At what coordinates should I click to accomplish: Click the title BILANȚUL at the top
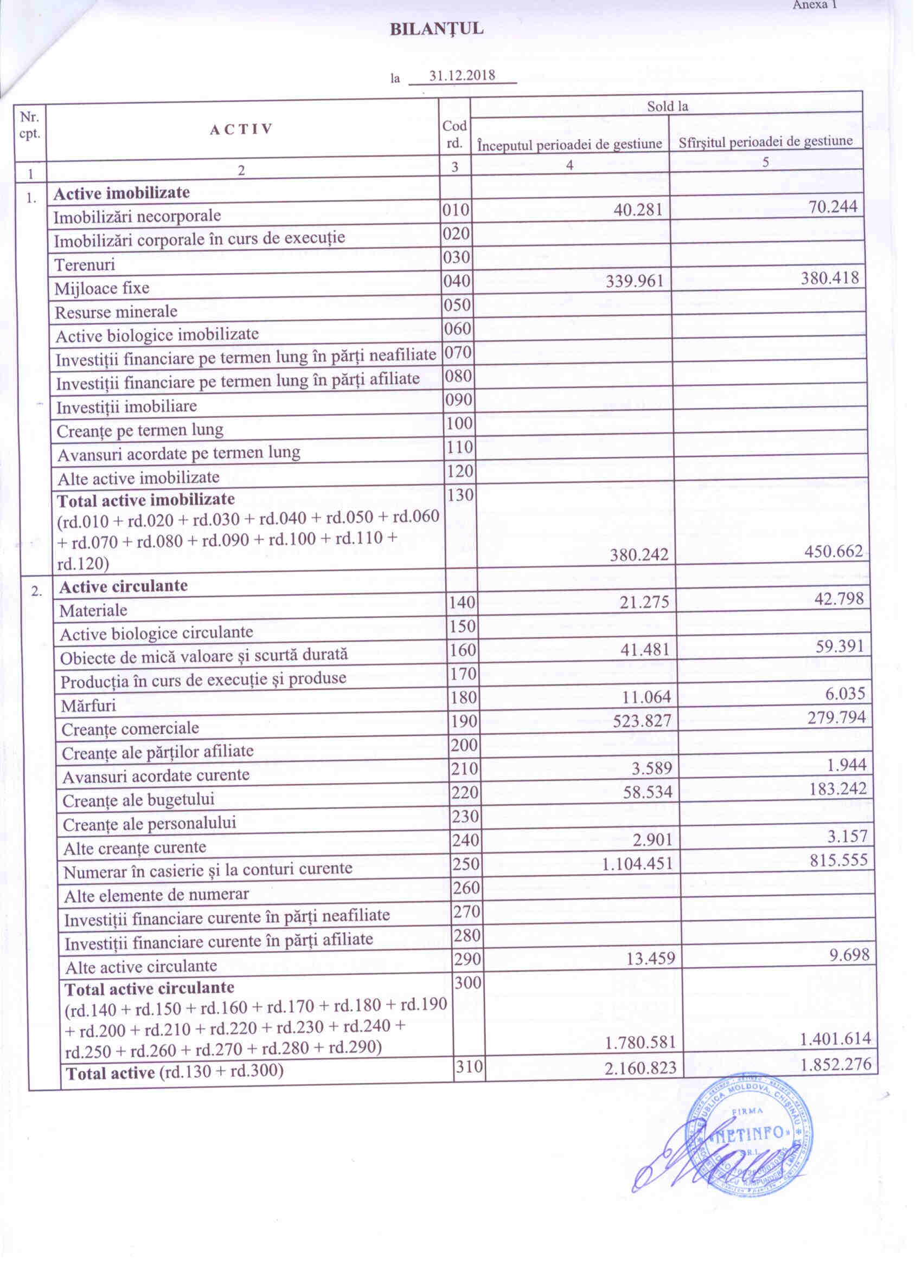pyautogui.click(x=437, y=30)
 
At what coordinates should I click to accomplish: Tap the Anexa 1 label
pyautogui.click(x=815, y=5)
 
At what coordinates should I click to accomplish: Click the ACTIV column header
pyautogui.click(x=241, y=130)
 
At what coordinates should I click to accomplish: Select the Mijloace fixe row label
pyautogui.click(x=102, y=288)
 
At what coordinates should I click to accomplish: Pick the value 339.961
pyautogui.click(x=635, y=280)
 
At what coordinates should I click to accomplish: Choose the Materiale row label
pyautogui.click(x=93, y=610)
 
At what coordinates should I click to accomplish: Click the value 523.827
pyautogui.click(x=641, y=721)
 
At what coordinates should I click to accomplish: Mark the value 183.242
pyautogui.click(x=836, y=788)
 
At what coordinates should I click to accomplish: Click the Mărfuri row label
pyautogui.click(x=88, y=706)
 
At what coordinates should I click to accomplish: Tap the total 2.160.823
pyautogui.click(x=641, y=1068)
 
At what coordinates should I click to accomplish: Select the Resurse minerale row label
pyautogui.click(x=116, y=312)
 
